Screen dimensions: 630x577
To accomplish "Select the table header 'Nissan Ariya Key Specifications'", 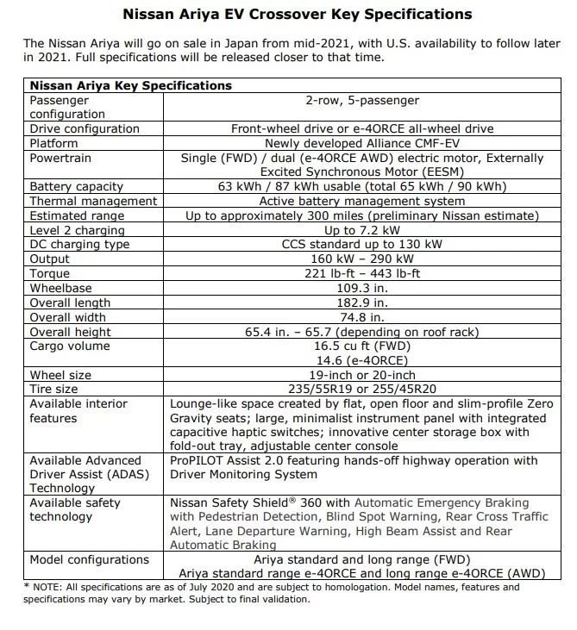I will [130, 85].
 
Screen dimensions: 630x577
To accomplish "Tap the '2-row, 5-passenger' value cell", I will [362, 100].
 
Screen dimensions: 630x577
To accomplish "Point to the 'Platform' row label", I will [53, 143].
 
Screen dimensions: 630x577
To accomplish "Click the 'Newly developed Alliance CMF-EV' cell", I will [362, 143].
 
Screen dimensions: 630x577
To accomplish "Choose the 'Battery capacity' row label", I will [76, 186].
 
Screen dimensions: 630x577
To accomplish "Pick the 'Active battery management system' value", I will [362, 201].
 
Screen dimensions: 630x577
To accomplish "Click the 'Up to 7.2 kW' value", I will [362, 230].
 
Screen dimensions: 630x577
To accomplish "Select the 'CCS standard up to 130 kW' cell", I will [362, 245].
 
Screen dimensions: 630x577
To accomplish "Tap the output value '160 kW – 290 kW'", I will [362, 259].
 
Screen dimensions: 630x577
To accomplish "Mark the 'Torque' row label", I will [49, 273].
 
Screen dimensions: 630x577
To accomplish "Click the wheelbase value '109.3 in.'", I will [362, 288].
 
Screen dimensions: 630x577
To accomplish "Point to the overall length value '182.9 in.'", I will [362, 303].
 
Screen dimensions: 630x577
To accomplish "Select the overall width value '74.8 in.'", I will [362, 317].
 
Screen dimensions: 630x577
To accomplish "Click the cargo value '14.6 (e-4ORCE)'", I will [362, 360].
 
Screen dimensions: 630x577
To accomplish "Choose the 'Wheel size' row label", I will [60, 375].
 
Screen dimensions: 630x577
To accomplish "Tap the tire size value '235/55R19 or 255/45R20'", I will [362, 389].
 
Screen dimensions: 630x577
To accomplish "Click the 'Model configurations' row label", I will [89, 559].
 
